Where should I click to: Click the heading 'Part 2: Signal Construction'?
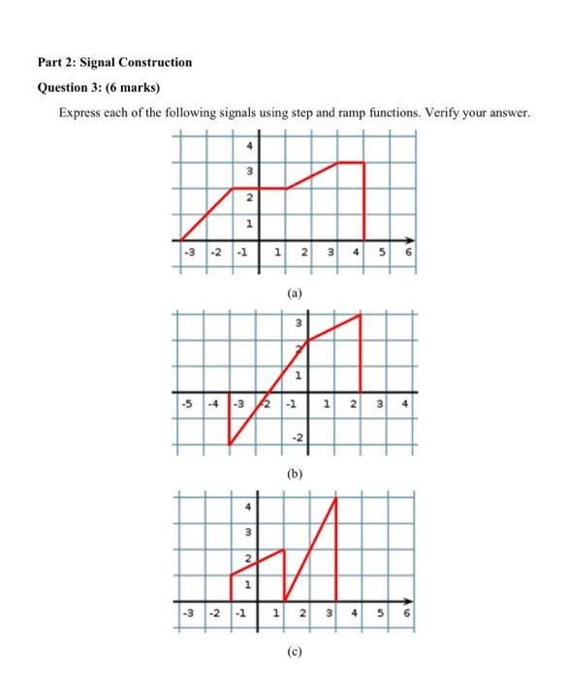click(x=114, y=62)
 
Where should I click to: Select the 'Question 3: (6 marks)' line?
click(x=98, y=87)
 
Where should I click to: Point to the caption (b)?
click(x=294, y=475)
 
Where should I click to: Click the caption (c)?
click(x=294, y=651)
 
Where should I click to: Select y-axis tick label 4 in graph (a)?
click(x=249, y=146)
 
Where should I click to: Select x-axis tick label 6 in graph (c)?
click(x=409, y=612)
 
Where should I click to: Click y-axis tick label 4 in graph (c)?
click(x=248, y=507)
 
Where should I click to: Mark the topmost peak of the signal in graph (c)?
click(x=336, y=498)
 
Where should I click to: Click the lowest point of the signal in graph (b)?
click(x=231, y=446)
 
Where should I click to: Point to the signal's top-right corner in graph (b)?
click(x=361, y=315)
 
